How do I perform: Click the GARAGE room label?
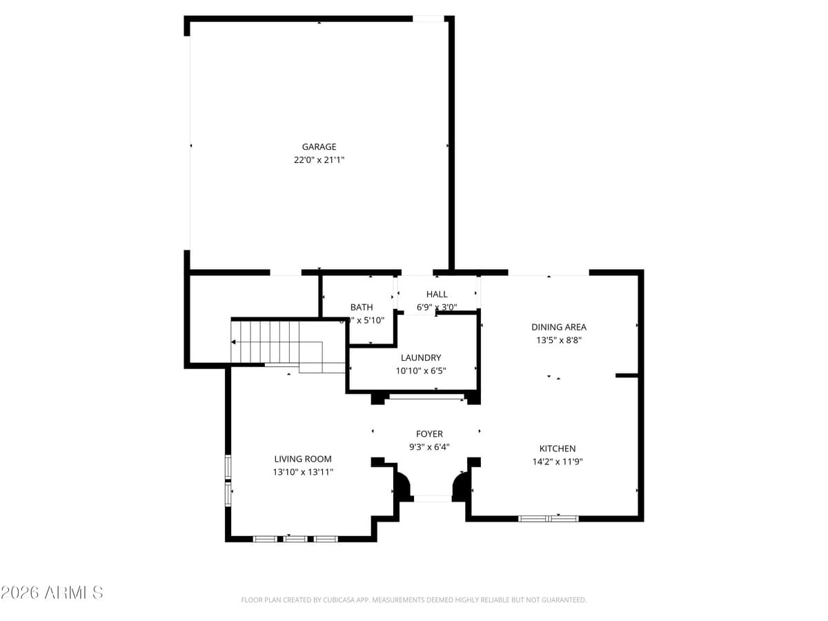(x=319, y=147)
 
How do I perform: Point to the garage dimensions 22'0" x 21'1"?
(x=319, y=159)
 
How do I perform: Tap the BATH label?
(x=362, y=307)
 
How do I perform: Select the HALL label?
(x=437, y=295)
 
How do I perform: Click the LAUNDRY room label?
(x=421, y=358)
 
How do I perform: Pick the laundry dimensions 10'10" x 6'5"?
(x=421, y=371)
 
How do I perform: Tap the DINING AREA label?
(x=559, y=327)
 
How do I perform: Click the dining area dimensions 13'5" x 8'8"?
(x=559, y=340)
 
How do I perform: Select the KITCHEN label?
(x=558, y=448)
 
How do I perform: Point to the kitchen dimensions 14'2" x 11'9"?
(x=558, y=462)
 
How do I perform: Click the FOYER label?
(x=429, y=434)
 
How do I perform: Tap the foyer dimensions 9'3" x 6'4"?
(x=429, y=447)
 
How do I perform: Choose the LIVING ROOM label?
(x=303, y=459)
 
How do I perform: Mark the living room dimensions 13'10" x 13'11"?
(x=303, y=472)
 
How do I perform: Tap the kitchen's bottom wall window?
(x=549, y=518)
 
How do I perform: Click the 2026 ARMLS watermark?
(x=52, y=592)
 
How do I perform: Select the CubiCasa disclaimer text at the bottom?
(x=413, y=600)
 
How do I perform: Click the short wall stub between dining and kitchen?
(x=628, y=375)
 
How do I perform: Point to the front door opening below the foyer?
(x=432, y=497)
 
